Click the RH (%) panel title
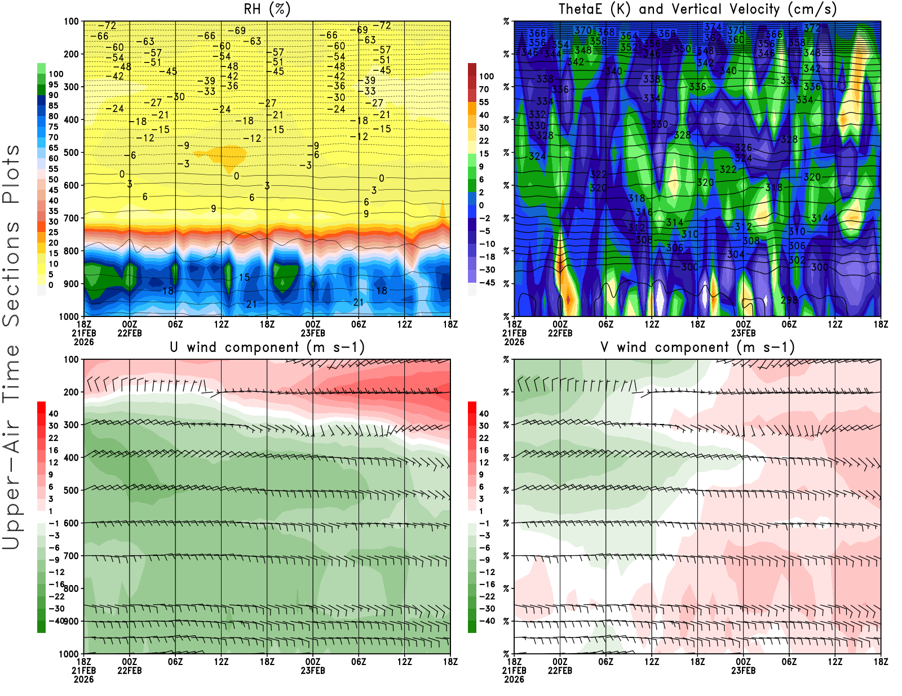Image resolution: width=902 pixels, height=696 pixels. tap(267, 10)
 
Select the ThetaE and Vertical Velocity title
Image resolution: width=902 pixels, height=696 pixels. tap(697, 10)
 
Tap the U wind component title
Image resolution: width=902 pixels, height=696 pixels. tap(267, 347)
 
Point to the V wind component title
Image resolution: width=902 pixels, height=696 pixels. tap(697, 347)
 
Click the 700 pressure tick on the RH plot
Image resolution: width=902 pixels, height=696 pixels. tap(72, 218)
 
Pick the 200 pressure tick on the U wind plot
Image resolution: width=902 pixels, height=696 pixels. tap(72, 392)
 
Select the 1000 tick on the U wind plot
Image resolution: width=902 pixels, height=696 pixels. tap(69, 654)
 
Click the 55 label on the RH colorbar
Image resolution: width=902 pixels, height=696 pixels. tap(54, 169)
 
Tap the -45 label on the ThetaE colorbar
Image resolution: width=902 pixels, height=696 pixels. tap(487, 283)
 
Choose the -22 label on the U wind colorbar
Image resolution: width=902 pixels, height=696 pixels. tap(56, 596)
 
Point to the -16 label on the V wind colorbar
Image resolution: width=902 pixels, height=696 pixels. tap(487, 585)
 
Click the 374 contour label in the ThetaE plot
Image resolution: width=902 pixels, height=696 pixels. tap(713, 27)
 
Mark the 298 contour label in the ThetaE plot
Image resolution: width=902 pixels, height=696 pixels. tap(789, 300)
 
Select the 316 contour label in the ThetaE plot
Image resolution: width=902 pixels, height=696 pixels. tap(644, 212)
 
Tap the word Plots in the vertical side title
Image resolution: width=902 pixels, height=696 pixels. tap(11, 175)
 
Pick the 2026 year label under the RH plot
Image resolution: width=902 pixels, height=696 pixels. tap(83, 342)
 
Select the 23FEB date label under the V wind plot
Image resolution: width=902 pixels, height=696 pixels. tap(743, 671)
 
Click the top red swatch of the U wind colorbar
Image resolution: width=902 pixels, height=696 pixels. tap(41, 407)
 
